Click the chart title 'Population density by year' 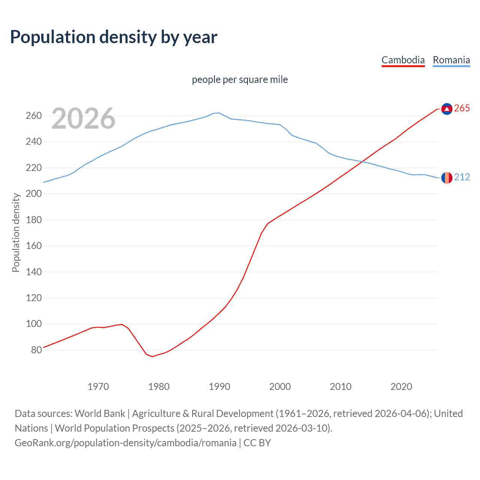(x=114, y=37)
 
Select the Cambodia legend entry (x=403, y=60)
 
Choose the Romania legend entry (x=451, y=60)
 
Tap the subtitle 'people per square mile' (x=240, y=79)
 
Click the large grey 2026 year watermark (x=83, y=118)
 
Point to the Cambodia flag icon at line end (x=447, y=108)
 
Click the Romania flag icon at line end (x=447, y=177)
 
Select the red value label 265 (x=462, y=108)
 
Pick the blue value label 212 (x=462, y=177)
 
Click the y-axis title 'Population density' (x=16, y=232)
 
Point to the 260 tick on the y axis (x=33, y=116)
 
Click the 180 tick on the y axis (x=33, y=220)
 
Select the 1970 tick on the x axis (x=98, y=387)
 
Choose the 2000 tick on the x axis (x=280, y=387)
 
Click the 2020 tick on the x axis (x=401, y=387)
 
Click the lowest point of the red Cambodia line (x=153, y=356)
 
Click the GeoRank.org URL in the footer (x=126, y=443)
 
